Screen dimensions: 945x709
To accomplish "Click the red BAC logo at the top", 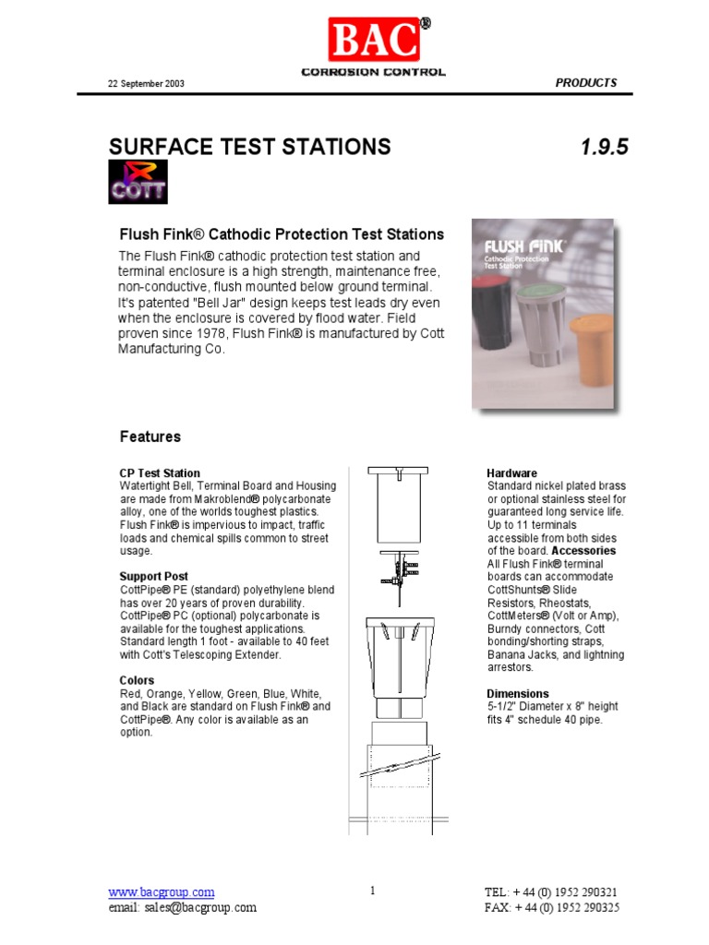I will pos(372,41).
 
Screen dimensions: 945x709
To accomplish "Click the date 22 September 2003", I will pos(147,84).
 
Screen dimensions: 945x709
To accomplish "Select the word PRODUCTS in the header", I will pos(585,83).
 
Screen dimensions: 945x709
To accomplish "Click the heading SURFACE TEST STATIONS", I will pos(249,147).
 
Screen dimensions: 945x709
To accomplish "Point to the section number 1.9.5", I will pos(605,147).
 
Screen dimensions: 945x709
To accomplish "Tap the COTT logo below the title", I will pos(138,182).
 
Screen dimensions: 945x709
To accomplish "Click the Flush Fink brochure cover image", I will pos(542,314).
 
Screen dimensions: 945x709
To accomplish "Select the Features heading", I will pos(150,437).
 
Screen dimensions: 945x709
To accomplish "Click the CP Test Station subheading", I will pos(160,473).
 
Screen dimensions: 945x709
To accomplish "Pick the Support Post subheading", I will pos(154,577).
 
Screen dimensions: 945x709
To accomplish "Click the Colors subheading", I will pos(138,681).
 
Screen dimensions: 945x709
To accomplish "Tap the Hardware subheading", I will pos(511,473).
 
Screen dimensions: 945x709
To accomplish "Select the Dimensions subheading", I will pos(517,694).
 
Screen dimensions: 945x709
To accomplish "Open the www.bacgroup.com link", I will pos(162,892).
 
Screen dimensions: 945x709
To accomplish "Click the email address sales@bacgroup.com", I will pos(182,908).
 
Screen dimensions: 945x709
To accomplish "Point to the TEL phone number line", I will pos(551,892).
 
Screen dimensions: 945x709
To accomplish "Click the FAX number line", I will pos(551,908).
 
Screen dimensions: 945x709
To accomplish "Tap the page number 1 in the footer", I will pos(372,891).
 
